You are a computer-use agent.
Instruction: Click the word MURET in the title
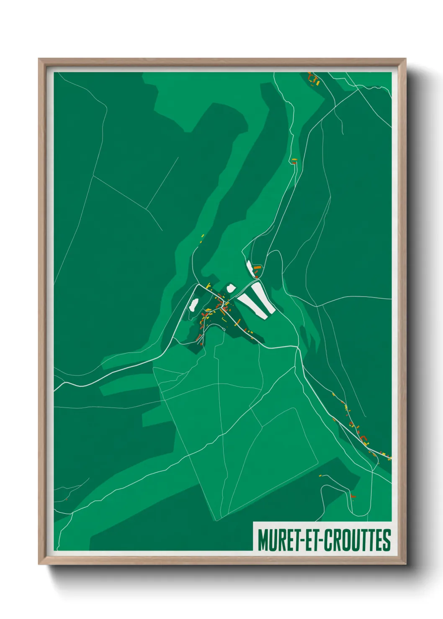point(276,540)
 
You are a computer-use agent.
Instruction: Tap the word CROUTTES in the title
point(357,540)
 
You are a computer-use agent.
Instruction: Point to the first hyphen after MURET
point(298,541)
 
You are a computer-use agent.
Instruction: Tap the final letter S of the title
point(386,540)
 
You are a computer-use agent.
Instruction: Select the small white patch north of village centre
point(231,288)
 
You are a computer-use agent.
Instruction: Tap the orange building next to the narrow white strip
point(257,266)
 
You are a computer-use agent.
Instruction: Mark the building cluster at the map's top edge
point(313,79)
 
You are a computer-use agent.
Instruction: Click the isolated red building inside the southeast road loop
point(353,496)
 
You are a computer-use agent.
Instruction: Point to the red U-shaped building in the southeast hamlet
point(363,438)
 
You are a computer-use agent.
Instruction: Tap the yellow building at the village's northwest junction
point(208,285)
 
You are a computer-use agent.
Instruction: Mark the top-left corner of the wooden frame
point(39,59)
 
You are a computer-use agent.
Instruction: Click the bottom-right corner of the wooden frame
point(405,564)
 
